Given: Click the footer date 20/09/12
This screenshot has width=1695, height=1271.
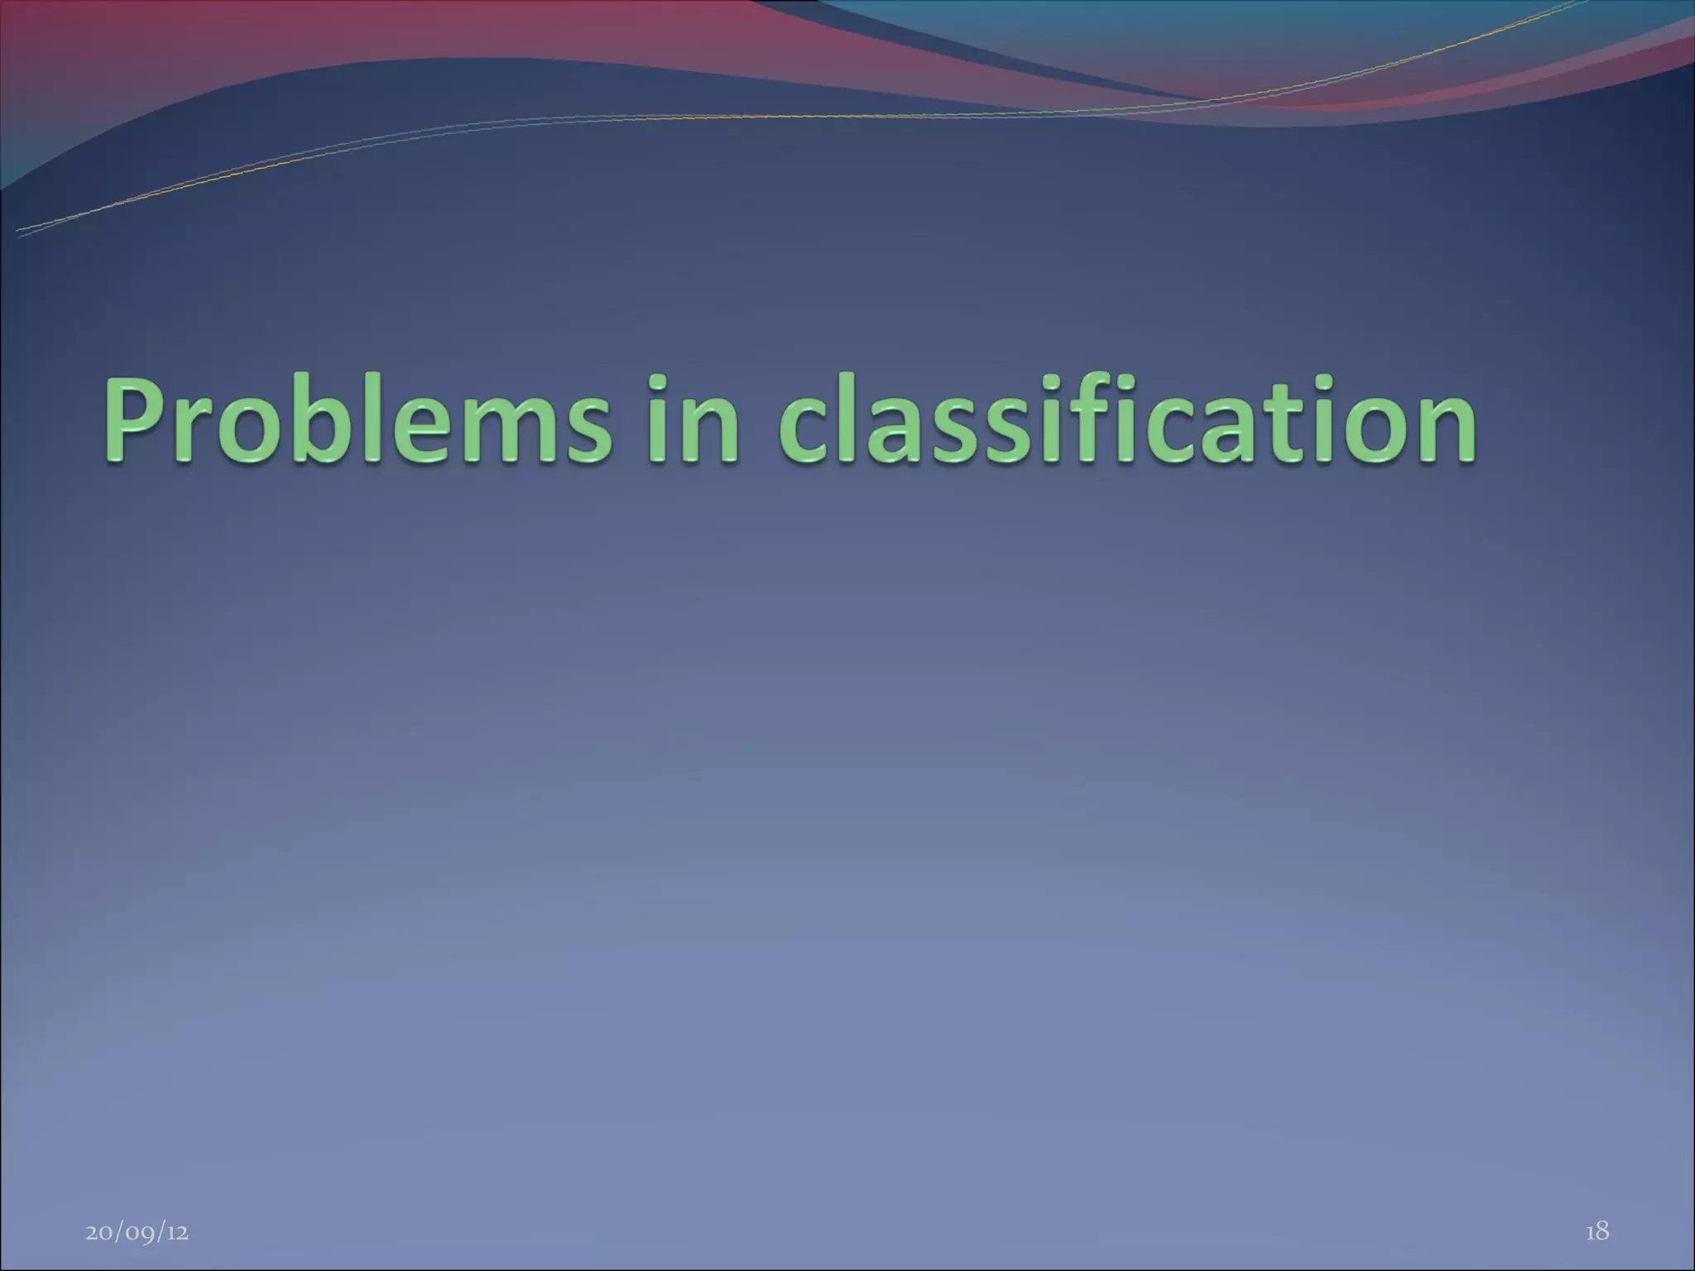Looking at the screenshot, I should click(x=137, y=1232).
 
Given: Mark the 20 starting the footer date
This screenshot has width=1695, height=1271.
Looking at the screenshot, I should click(x=99, y=1232).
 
